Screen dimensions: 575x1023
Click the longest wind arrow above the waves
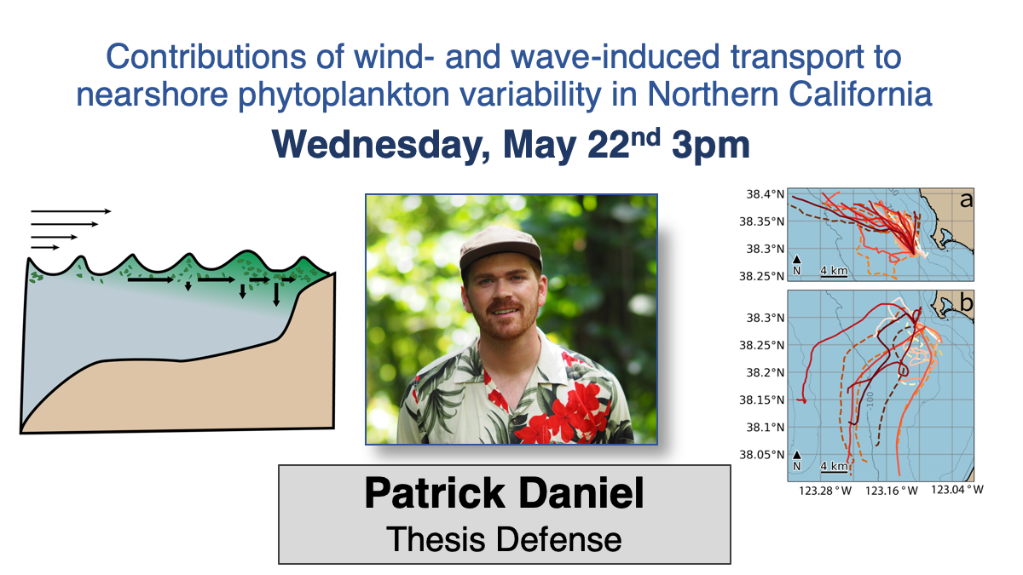point(71,211)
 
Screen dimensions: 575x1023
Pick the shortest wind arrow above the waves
point(45,247)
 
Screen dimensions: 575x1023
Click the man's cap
point(499,248)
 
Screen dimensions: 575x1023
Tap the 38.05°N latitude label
point(759,455)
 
